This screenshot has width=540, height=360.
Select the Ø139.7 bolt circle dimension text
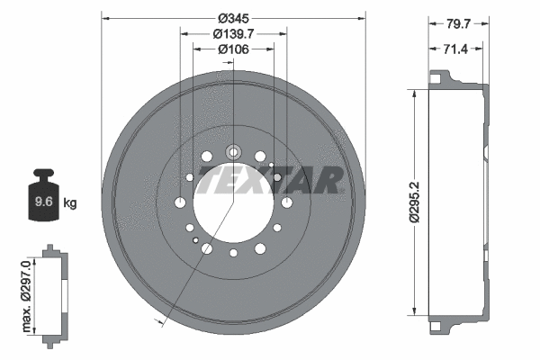[x=233, y=33]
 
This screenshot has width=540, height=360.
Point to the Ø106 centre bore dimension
[x=233, y=49]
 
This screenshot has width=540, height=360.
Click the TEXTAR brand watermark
[x=270, y=179]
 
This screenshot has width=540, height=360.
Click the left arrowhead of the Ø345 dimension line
[x=104, y=18]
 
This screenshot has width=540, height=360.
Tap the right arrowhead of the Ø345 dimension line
[x=363, y=18]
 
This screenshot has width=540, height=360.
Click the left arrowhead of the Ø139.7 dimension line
[x=184, y=33]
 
